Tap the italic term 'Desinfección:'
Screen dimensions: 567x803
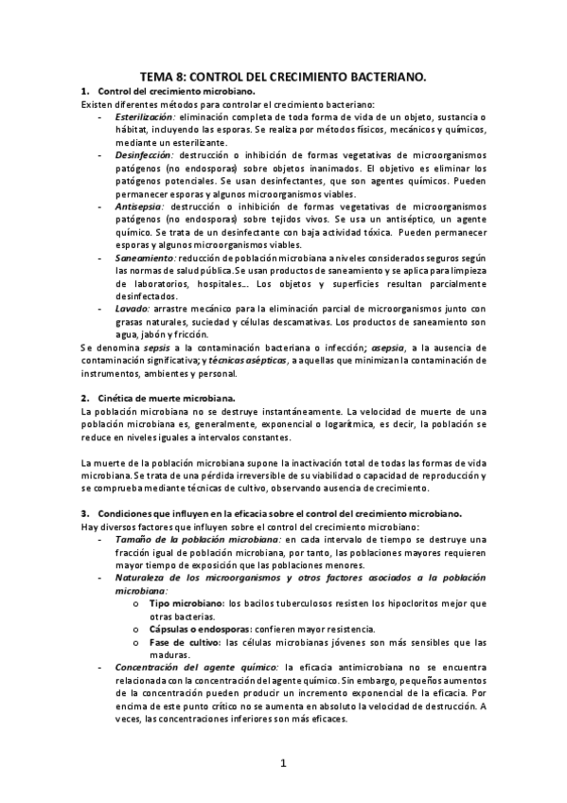pyautogui.click(x=145, y=154)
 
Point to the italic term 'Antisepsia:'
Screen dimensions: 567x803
pyautogui.click(x=140, y=205)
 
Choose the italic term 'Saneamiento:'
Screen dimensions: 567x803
pyautogui.click(x=145, y=257)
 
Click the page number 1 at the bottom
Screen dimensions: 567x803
pyautogui.click(x=283, y=762)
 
